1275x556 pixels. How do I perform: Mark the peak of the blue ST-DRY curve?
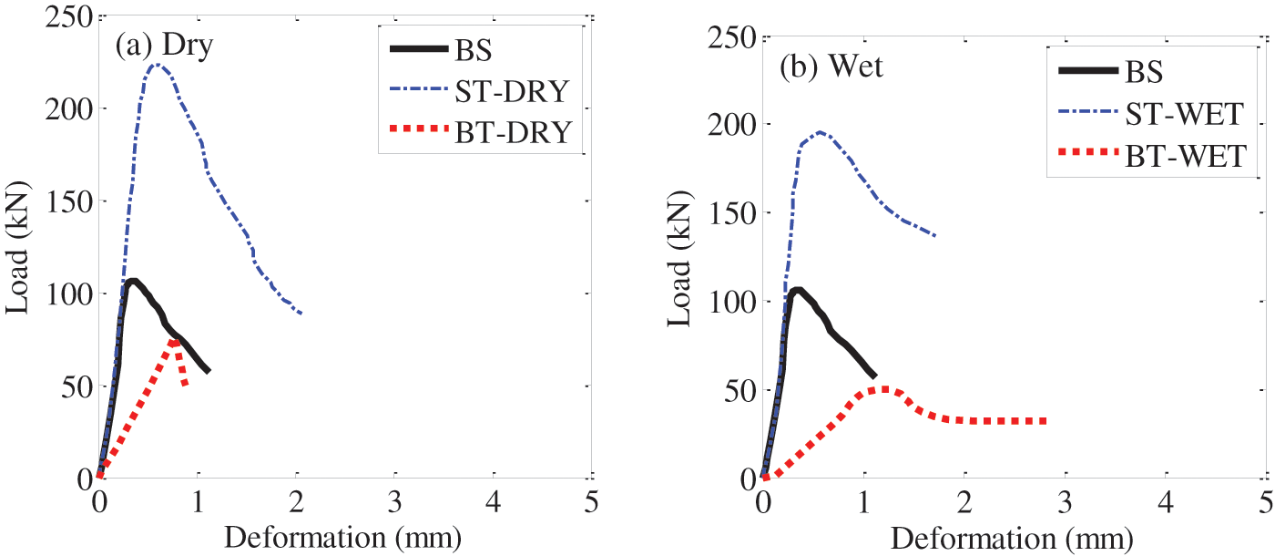[157, 65]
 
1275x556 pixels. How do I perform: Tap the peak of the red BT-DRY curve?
[173, 341]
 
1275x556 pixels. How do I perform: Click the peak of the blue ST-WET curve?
[820, 132]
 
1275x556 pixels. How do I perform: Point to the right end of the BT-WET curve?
[1045, 421]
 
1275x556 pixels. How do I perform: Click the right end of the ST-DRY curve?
[301, 314]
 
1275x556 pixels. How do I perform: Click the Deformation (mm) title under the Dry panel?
[343, 538]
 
